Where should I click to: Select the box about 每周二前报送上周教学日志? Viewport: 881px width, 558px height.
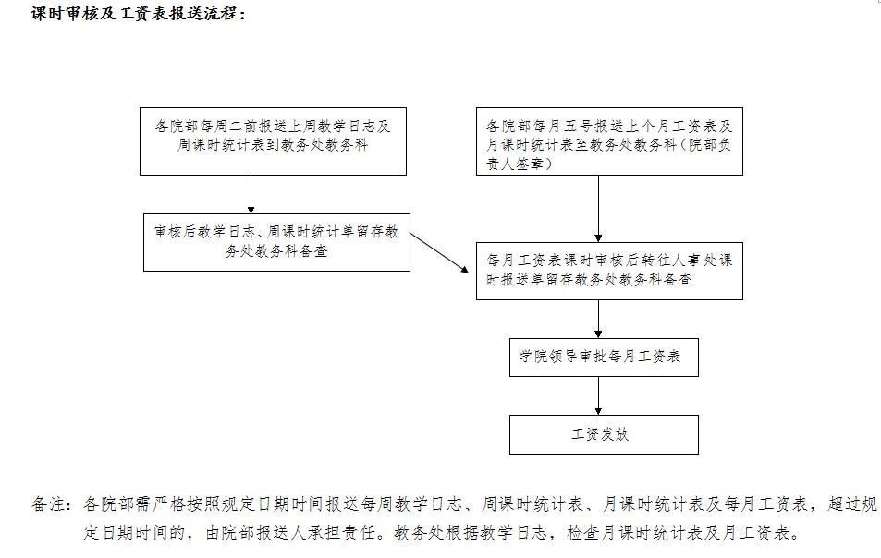pyautogui.click(x=273, y=141)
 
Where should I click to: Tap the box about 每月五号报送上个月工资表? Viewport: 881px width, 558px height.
pyautogui.click(x=609, y=141)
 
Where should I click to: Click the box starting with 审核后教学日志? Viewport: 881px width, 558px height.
pyautogui.click(x=277, y=243)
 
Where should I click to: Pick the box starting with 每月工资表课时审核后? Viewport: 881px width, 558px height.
pyautogui.click(x=609, y=271)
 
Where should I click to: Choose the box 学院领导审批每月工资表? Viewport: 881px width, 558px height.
pyautogui.click(x=604, y=358)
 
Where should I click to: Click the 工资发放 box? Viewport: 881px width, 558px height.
pyautogui.click(x=604, y=434)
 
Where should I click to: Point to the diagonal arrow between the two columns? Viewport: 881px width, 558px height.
pyautogui.click(x=439, y=253)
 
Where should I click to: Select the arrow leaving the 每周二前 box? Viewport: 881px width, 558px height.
pyautogui.click(x=251, y=194)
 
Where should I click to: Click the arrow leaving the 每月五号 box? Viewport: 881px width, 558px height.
pyautogui.click(x=598, y=209)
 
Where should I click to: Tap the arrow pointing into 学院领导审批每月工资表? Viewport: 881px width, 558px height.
pyautogui.click(x=598, y=319)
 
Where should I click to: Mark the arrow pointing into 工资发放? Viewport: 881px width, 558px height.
pyautogui.click(x=598, y=395)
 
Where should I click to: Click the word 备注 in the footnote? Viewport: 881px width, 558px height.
pyautogui.click(x=47, y=504)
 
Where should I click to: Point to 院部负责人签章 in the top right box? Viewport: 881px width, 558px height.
pyautogui.click(x=608, y=154)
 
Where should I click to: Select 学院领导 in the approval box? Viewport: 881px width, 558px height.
pyautogui.click(x=548, y=357)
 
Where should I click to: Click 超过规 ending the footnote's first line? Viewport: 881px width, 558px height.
pyautogui.click(x=851, y=504)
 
